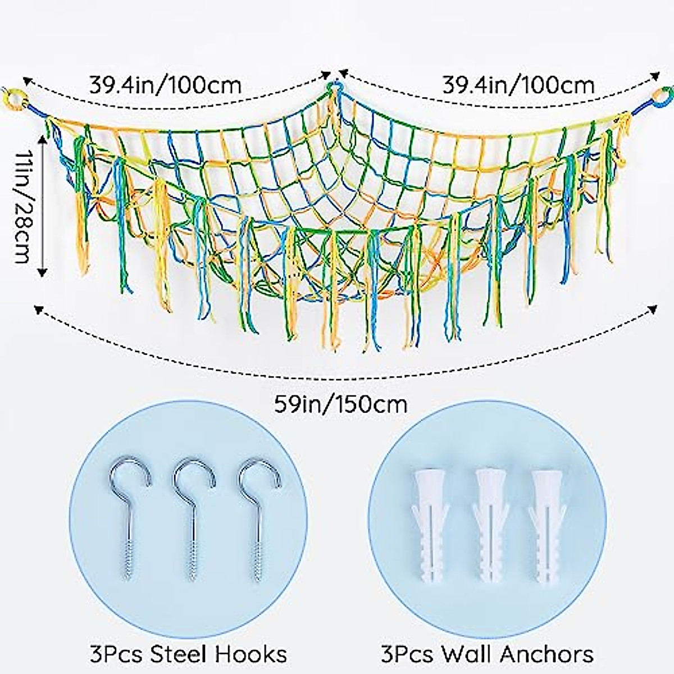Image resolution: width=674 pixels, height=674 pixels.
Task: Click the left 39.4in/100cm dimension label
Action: click(x=165, y=85)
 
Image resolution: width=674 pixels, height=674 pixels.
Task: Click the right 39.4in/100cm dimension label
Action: click(x=518, y=85)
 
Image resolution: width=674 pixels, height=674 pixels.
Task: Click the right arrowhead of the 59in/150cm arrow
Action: click(x=653, y=308)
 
